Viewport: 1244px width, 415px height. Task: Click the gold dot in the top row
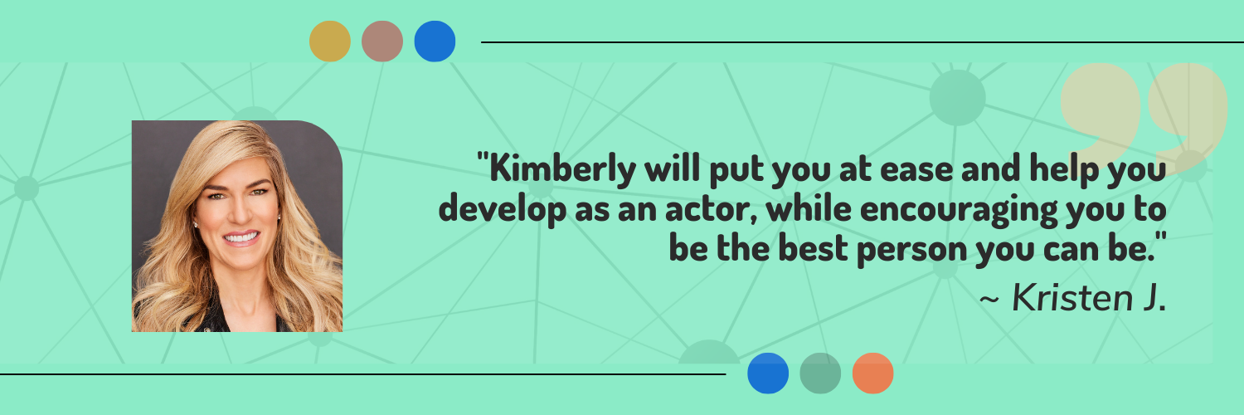(330, 41)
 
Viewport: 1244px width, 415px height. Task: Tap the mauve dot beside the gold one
(382, 41)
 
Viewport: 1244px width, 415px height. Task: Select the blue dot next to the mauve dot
(435, 41)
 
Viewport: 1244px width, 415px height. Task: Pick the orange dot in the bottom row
(872, 373)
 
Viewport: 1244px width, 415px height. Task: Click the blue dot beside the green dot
(768, 373)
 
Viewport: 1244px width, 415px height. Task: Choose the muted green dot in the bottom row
(820, 373)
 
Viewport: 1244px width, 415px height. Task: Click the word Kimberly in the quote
(562, 168)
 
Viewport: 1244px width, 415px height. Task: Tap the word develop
(503, 210)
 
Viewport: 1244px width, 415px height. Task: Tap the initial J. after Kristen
(1154, 298)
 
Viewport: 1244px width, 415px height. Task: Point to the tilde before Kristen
(989, 300)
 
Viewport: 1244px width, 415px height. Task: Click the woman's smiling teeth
(241, 238)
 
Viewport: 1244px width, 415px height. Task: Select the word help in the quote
(1064, 168)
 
